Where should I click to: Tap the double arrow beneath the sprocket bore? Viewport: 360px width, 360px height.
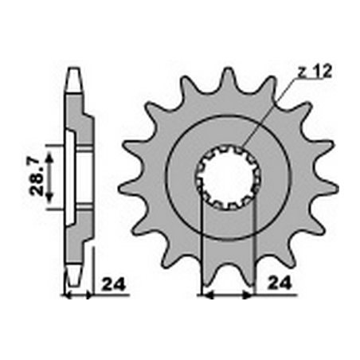[229, 294]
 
